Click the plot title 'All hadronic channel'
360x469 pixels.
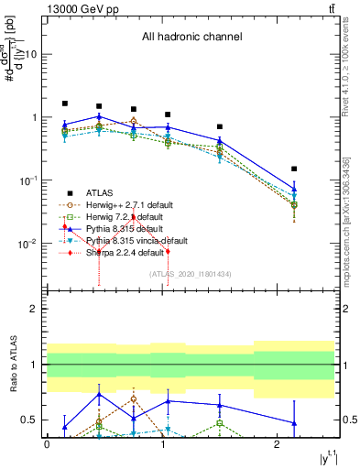pos(191,38)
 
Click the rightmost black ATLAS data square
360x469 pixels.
pos(294,169)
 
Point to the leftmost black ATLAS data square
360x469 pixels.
pos(65,104)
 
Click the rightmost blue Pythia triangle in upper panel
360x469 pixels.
pos(294,189)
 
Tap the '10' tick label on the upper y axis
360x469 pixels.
pos(29,54)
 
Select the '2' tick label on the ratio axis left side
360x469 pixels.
pos(35,310)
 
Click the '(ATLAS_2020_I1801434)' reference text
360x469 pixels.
pos(191,273)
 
